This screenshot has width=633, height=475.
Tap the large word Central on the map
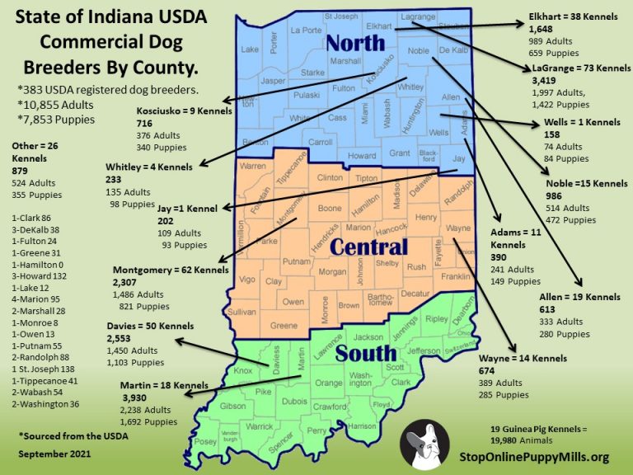pyautogui.click(x=369, y=247)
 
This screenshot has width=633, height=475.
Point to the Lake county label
pyautogui.click(x=250, y=49)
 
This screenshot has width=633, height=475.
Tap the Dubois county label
pyautogui.click(x=293, y=402)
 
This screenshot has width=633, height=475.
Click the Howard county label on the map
pyautogui.click(x=362, y=156)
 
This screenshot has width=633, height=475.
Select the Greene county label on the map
pyautogui.click(x=284, y=326)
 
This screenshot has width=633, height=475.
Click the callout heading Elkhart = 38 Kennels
pyautogui.click(x=568, y=15)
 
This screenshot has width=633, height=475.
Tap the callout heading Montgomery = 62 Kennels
pyautogui.click(x=171, y=269)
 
